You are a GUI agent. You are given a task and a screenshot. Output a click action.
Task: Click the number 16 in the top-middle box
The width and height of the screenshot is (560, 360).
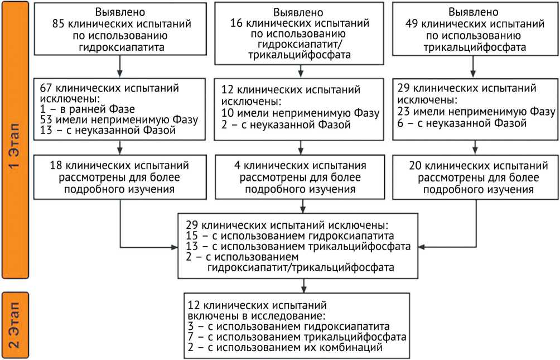pyautogui.click(x=236, y=24)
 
